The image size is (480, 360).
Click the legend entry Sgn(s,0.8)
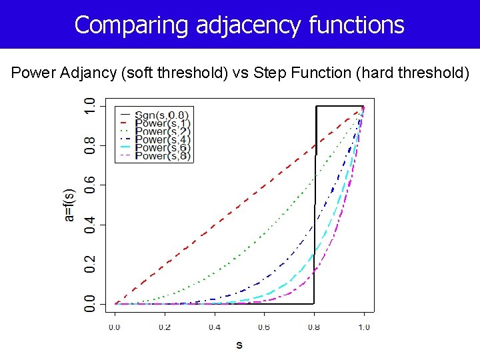point(162,114)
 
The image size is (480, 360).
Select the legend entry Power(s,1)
point(162,123)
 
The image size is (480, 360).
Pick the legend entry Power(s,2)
point(162,131)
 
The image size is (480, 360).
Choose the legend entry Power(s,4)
point(162,139)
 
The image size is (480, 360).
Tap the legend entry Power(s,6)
point(162,147)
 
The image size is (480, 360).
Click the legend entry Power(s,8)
point(162,156)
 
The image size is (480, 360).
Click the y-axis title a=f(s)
point(69,203)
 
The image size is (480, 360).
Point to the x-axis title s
point(239,345)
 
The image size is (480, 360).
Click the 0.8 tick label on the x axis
point(314,327)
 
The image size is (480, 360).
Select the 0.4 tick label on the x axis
point(214,327)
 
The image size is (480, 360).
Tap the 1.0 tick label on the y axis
point(89,106)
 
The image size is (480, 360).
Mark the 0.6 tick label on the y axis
point(89,185)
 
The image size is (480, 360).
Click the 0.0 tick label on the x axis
point(114,327)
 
